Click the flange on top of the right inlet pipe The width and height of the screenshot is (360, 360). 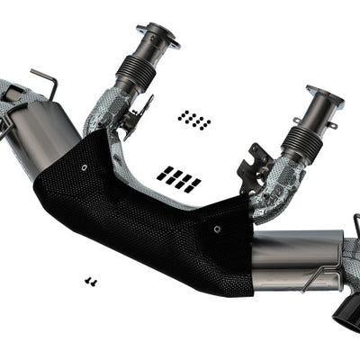coord(324,96)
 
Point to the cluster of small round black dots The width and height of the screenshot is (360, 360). coord(193,119)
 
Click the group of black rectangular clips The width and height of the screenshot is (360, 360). coord(178,177)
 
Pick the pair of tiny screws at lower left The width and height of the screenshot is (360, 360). coord(90,282)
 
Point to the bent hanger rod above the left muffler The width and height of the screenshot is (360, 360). coord(44,80)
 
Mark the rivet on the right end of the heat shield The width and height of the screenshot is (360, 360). coord(217,229)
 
